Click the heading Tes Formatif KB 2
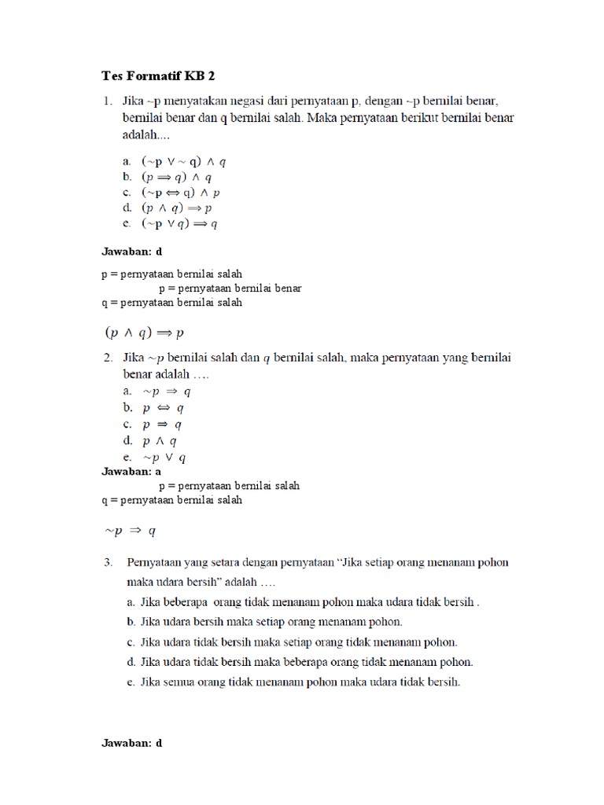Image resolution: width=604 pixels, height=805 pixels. [158, 76]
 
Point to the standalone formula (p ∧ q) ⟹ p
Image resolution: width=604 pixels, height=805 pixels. [145, 333]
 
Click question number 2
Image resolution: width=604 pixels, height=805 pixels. [107, 358]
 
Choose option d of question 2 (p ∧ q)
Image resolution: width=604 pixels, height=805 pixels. [153, 441]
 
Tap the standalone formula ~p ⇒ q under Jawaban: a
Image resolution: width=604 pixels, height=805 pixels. [131, 531]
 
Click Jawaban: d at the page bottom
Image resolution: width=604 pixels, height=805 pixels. [132, 742]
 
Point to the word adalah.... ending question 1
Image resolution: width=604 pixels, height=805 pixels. [144, 134]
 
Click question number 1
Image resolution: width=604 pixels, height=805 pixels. [107, 101]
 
